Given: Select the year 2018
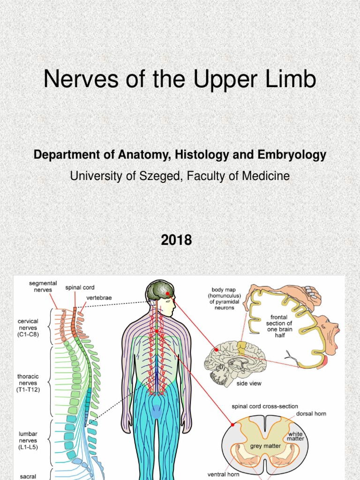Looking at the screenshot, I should coord(176,240).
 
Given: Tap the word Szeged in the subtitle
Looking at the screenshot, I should coord(169,176).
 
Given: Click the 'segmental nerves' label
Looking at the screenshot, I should coord(43,286).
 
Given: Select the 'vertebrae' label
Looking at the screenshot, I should coord(99,297).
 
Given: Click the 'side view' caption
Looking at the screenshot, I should coord(249,383).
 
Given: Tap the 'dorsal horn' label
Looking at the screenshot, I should coord(311,414).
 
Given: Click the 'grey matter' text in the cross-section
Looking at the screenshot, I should coord(266,446).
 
